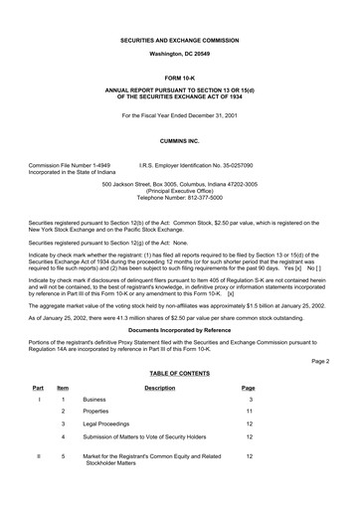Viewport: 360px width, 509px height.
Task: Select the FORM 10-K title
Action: click(179, 75)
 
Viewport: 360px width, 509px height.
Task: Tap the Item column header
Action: click(63, 416)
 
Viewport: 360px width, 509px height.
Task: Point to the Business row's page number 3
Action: click(249, 426)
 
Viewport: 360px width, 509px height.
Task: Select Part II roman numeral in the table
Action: click(37, 484)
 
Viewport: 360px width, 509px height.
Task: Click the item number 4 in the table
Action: click(63, 464)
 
